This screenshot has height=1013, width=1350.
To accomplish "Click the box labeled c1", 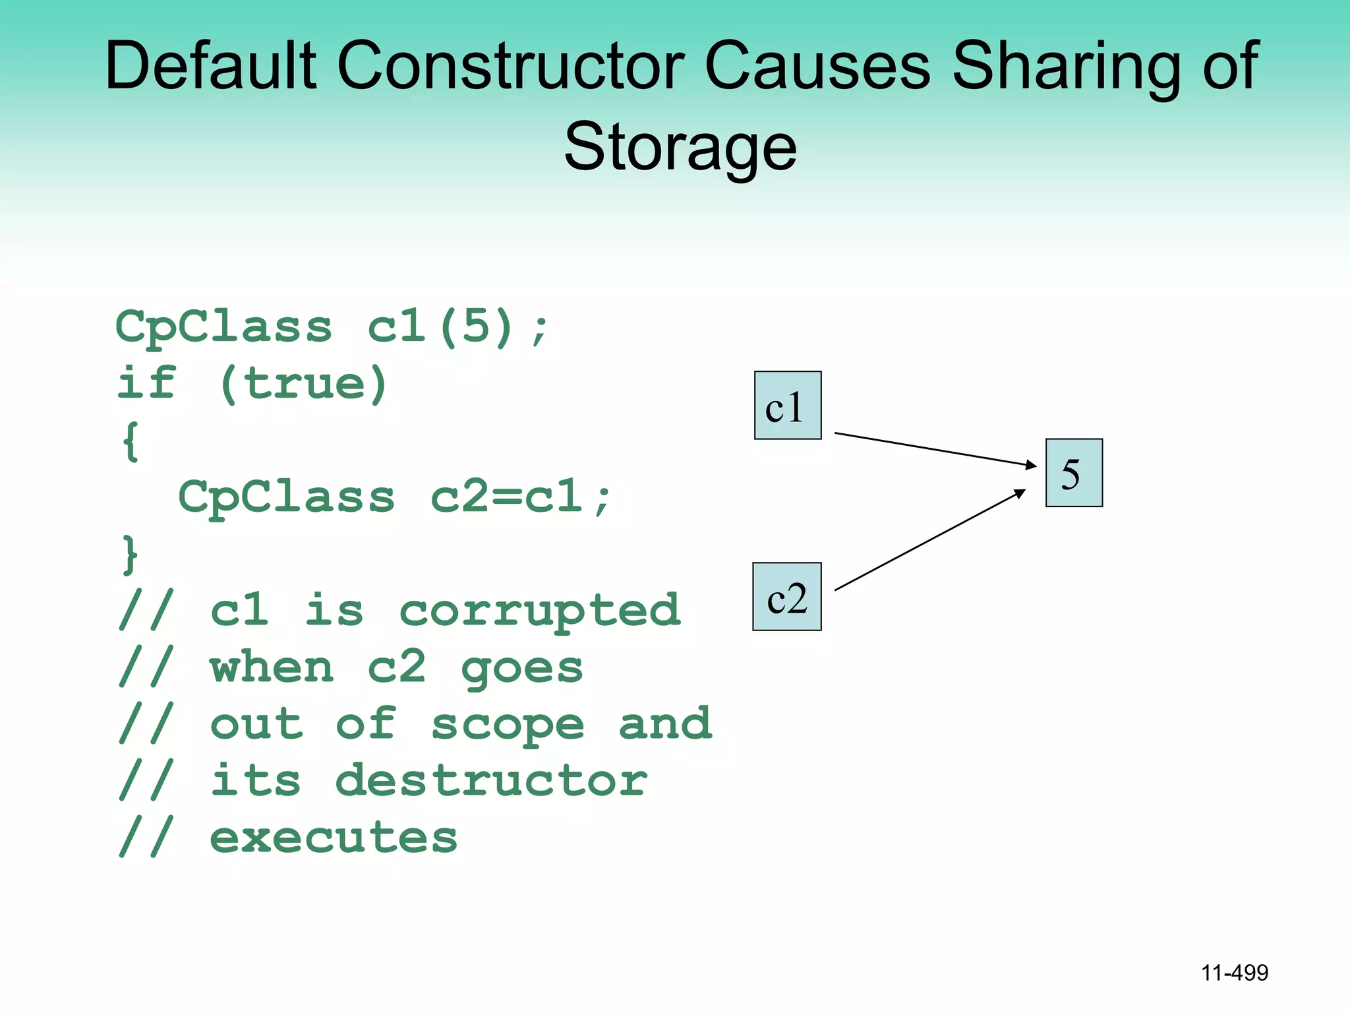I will pos(788,405).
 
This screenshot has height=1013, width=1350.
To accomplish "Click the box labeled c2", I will pos(786,596).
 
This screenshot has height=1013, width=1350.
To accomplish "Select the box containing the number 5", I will pos(1074,472).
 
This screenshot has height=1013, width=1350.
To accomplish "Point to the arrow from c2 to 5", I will pos(929,539).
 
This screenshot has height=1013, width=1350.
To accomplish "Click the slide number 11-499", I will pos(1234,972).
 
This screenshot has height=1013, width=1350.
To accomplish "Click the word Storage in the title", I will pos(680,146).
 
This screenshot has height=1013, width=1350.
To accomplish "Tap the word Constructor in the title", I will pos(511,65).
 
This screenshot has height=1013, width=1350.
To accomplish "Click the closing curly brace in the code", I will pos(131,554).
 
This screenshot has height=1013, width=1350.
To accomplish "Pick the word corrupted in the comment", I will pos(540,609).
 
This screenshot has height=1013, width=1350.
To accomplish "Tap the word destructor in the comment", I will pos(491,781).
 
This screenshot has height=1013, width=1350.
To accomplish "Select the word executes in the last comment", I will pos(334,838).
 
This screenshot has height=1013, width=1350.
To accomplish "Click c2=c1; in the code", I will pos(521,497).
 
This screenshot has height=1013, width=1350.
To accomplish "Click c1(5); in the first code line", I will pos(457,326).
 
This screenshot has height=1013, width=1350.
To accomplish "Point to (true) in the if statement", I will pos(303,384).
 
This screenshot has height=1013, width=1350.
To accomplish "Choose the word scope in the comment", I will pos(508,724).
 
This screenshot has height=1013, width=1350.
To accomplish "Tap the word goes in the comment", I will pos(522,667).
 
